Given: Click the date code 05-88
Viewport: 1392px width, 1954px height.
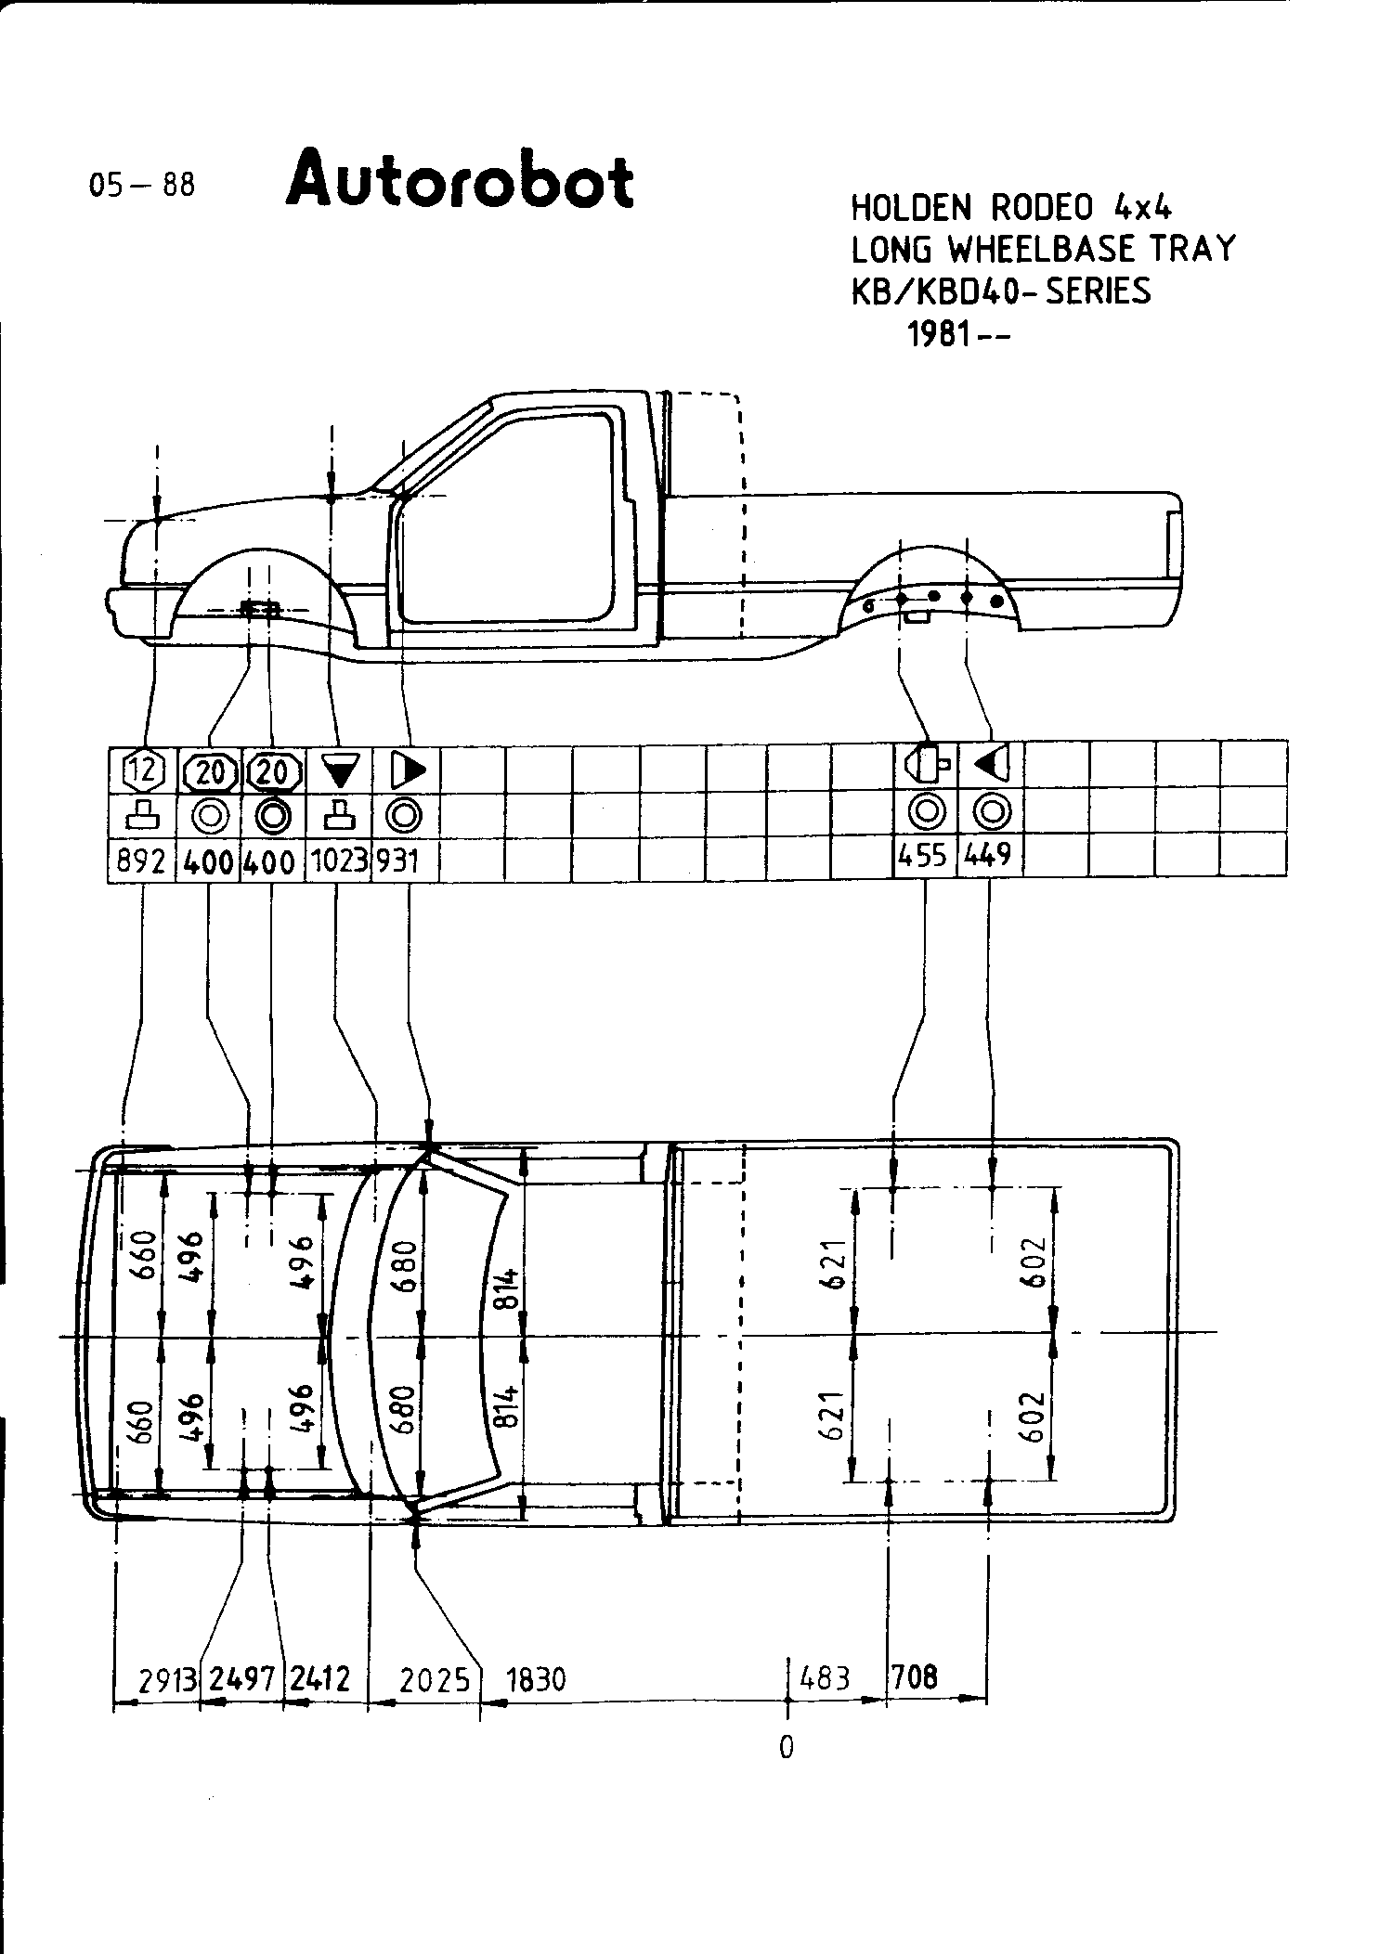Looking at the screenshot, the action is pos(142,185).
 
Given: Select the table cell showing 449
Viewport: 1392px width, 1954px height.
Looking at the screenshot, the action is pos(988,855).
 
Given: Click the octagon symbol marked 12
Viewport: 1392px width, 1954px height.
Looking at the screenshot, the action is pos(143,770).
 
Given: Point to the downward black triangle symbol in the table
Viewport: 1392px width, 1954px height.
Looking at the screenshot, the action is pos(339,769).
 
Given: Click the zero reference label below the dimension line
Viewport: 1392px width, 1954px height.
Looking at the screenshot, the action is pos(787,1748).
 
